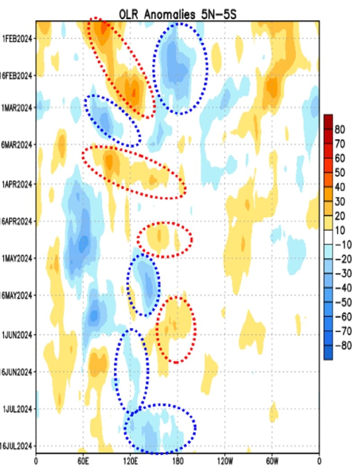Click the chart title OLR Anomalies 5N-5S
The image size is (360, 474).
[177, 14]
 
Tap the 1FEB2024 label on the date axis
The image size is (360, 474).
[18, 38]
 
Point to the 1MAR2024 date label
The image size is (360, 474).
[18, 108]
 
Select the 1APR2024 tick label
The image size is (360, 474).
[18, 184]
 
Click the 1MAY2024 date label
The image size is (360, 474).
[18, 258]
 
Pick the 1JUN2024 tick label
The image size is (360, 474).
[18, 334]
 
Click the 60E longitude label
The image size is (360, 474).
[83, 461]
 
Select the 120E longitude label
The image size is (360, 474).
[130, 461]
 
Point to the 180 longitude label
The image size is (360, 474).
[178, 461]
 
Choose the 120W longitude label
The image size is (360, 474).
[225, 461]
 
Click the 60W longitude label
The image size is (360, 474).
[272, 461]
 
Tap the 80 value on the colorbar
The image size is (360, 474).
[340, 130]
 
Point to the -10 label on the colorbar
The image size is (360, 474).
[342, 245]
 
